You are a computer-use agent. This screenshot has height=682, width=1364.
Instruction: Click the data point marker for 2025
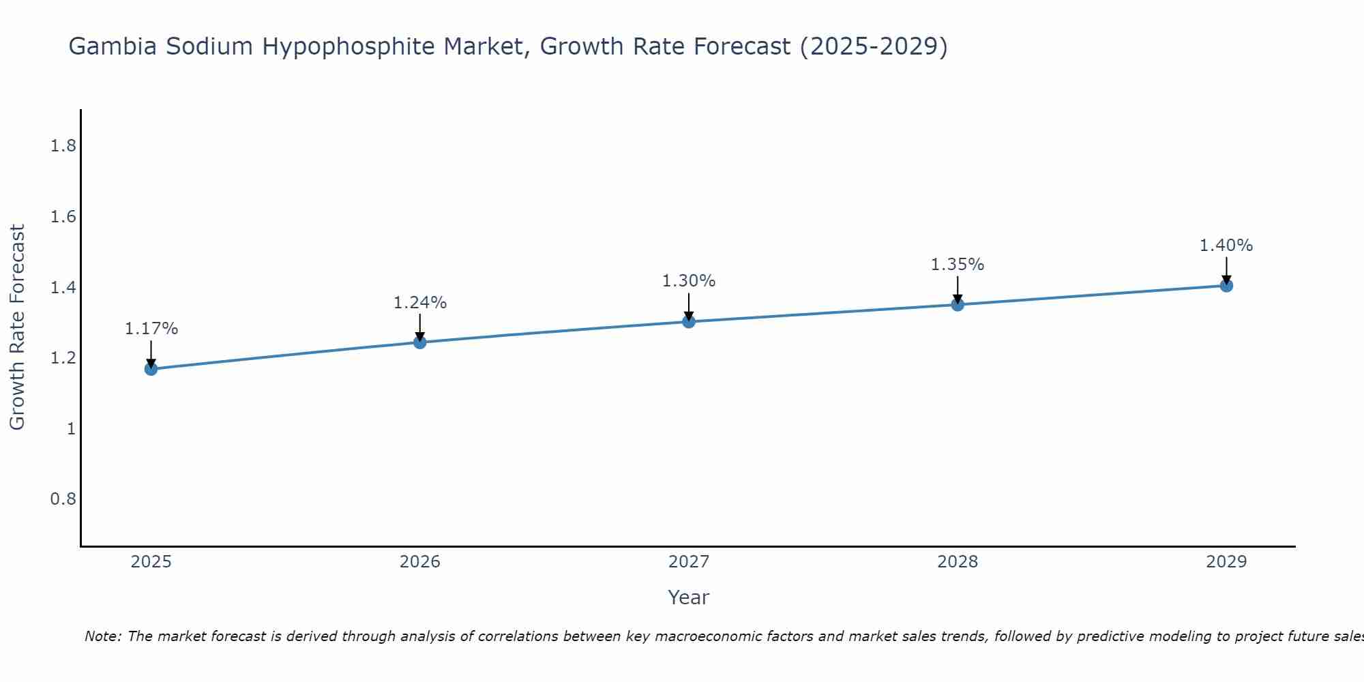pos(151,369)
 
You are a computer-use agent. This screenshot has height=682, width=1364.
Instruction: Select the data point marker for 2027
pos(689,321)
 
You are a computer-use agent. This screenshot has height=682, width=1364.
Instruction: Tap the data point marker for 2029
pos(1226,285)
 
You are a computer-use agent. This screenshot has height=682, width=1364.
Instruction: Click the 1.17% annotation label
pos(151,329)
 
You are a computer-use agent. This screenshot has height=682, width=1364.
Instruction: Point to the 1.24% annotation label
pos(420,303)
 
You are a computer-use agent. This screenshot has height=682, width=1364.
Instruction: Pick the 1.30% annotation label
pos(689,281)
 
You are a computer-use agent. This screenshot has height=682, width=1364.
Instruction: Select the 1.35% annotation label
pos(958,265)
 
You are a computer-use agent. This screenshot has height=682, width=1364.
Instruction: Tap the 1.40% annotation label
pos(1226,246)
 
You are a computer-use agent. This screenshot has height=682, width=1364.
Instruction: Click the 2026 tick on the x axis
pos(420,562)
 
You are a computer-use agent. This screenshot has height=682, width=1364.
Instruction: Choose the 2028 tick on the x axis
pos(958,562)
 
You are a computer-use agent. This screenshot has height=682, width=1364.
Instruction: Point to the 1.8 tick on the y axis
pos(63,146)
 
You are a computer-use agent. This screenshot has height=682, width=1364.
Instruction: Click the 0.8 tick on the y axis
pos(63,499)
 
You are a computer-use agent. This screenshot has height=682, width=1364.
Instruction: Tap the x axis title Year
pos(689,597)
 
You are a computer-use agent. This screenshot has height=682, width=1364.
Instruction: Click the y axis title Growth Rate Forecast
pos(18,327)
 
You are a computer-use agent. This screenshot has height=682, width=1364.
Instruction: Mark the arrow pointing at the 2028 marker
pos(958,290)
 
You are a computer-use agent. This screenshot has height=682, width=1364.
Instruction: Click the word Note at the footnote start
pos(103,636)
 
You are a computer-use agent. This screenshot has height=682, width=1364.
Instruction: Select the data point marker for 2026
pos(420,342)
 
